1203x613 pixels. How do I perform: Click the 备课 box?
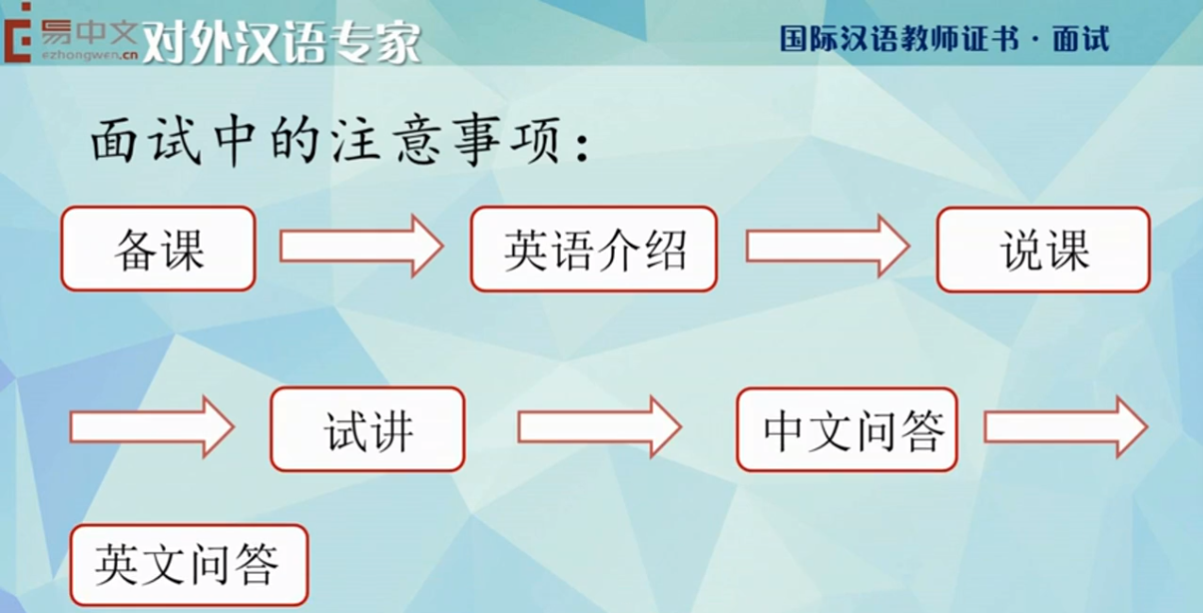coord(158,249)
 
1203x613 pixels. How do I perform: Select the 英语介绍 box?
coord(594,249)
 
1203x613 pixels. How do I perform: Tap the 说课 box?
coord(1043,250)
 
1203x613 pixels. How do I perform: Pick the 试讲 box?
coord(366,429)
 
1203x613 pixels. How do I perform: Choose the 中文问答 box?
coord(847,429)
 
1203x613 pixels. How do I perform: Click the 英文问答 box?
coord(189,565)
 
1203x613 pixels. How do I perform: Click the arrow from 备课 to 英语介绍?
coord(360,246)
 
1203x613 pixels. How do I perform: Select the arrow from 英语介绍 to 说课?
coord(828,246)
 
